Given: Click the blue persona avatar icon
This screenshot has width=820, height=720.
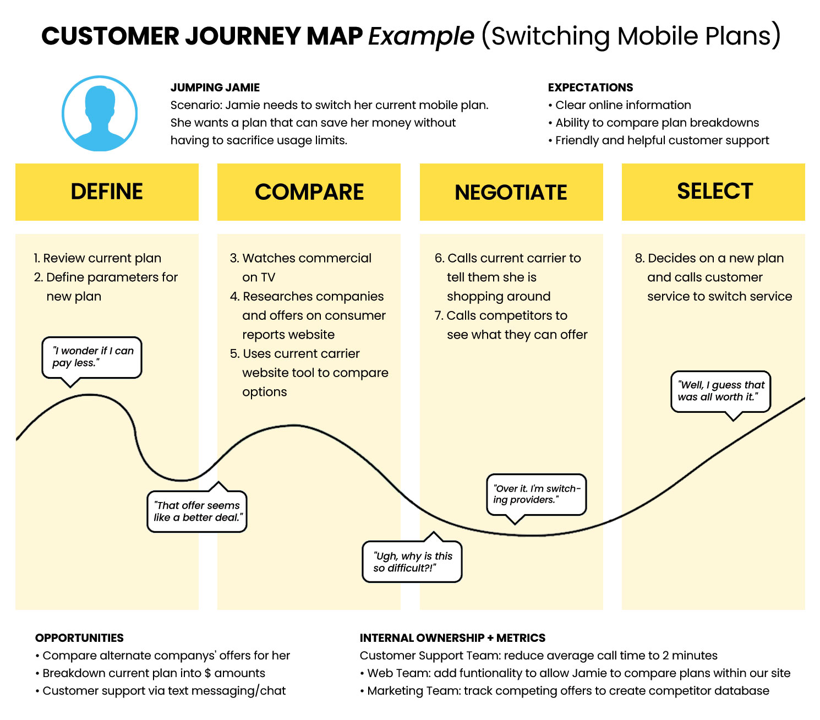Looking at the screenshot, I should pos(100,114).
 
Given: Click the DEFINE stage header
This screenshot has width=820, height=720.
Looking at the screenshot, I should pos(107,192).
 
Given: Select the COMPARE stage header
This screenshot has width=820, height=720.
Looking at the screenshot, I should pos(309,192).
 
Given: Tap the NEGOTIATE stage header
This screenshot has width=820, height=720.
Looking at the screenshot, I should pos(511,192).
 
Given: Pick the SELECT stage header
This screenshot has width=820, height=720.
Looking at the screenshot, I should pos(714,192).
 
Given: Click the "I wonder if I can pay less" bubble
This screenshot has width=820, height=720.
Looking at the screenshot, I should pos(92,357).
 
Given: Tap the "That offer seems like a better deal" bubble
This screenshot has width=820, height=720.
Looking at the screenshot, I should pos(197,511).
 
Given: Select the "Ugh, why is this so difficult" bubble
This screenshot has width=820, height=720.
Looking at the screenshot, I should pos(412,562).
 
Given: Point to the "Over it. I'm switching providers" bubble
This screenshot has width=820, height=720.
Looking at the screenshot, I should pos(537,494).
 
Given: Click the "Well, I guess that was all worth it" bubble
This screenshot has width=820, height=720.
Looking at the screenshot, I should pos(720,391).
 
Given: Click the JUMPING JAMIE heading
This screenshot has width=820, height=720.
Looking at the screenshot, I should pos(215,88).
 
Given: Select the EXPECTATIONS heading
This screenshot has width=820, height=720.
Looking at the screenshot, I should pos(591,88).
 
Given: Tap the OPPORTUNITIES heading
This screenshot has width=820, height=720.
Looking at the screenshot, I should pos(79,638).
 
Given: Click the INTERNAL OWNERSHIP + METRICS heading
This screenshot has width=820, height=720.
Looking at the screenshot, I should pos(452,638).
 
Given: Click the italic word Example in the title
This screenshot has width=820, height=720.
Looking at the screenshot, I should pos(421,36).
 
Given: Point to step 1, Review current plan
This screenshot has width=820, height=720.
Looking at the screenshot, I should pos(98,258).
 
